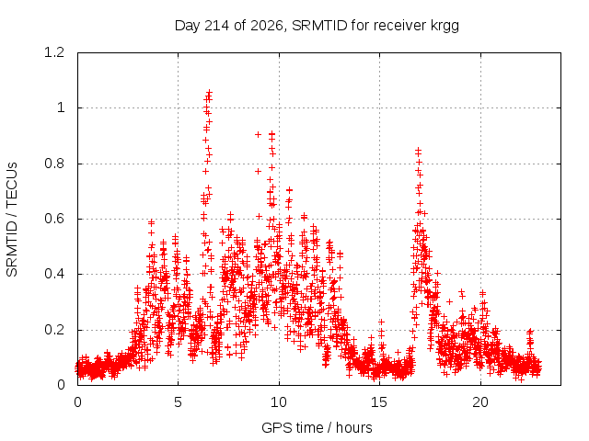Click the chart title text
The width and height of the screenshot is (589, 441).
coord(317,26)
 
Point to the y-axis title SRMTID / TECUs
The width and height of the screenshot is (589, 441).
coord(12,220)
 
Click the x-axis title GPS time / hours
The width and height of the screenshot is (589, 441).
coord(317,427)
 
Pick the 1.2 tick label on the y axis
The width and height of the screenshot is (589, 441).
coord(54,52)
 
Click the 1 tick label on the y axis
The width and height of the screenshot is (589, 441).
coord(61,108)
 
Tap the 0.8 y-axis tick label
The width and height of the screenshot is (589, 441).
coord(54,164)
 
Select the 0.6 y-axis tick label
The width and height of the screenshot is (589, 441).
coord(54,219)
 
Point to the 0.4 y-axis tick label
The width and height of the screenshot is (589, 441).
coord(54,274)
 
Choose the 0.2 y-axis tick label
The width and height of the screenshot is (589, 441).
coord(54,330)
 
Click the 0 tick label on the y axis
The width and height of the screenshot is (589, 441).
coord(61,385)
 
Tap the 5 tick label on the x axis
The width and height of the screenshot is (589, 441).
coord(178,402)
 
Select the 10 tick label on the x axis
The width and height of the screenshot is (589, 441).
coord(279,402)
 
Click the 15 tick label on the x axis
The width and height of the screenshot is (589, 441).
coord(379,402)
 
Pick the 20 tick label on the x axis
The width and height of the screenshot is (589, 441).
coord(480,402)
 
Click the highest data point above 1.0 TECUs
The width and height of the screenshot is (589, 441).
coord(210,92)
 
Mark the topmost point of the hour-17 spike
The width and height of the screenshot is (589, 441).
coord(418,151)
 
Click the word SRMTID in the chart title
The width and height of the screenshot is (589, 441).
coord(319,26)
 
